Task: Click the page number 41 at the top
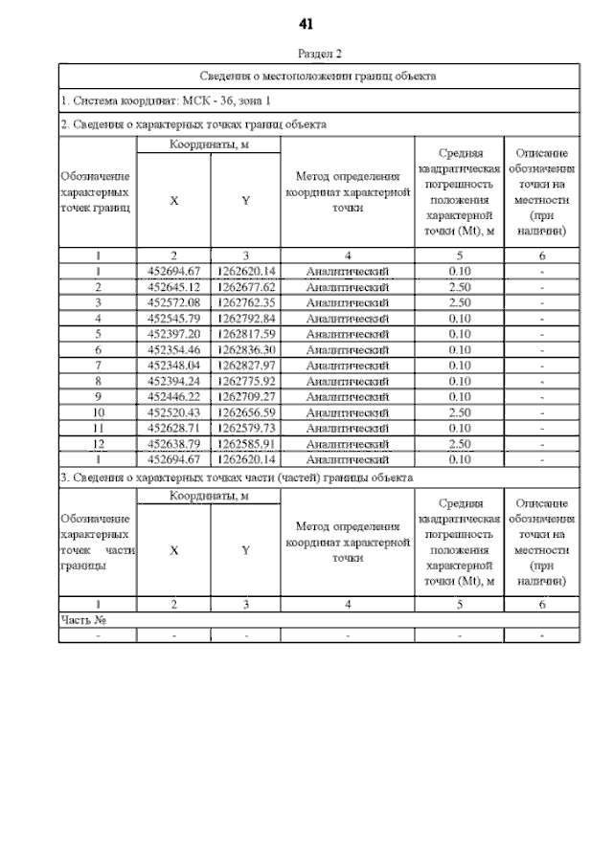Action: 306,23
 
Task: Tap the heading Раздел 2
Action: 319,55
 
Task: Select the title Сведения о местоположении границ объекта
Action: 318,75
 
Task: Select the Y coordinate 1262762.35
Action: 246,302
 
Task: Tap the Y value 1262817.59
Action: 246,334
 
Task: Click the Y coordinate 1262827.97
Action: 246,366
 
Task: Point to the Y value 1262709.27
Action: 246,396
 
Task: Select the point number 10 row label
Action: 98,412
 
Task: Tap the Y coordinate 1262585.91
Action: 246,444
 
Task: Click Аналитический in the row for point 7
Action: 346,366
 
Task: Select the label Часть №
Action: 82,620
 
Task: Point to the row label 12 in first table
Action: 98,444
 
